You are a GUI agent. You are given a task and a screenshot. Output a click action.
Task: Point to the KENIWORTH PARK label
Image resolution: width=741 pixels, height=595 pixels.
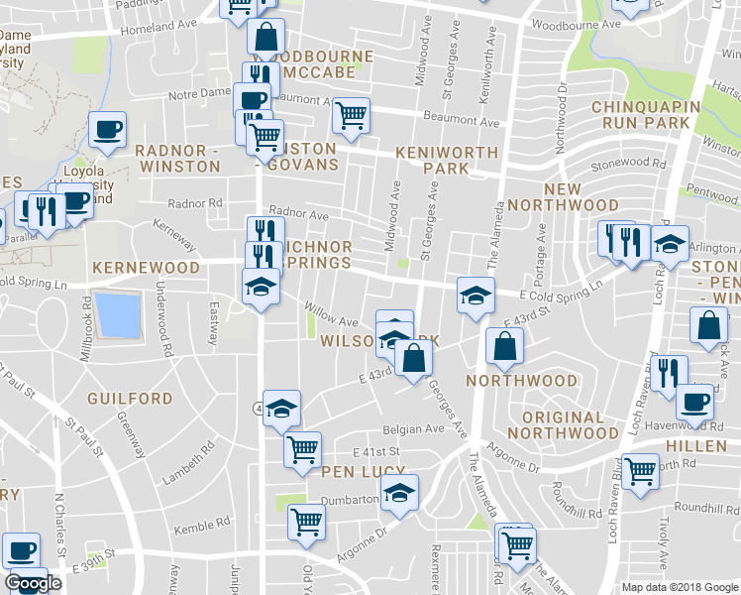pyautogui.click(x=432, y=161)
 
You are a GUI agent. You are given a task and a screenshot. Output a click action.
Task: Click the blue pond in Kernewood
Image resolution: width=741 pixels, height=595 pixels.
pyautogui.click(x=117, y=316)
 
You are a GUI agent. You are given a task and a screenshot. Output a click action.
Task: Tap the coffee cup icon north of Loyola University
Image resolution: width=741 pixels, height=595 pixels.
pyautogui.click(x=107, y=129)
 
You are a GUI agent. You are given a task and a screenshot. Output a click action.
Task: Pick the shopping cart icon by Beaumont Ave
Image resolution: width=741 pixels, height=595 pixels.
pyautogui.click(x=351, y=116)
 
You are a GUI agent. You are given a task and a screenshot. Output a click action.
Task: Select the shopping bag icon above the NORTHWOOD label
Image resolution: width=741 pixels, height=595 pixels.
pyautogui.click(x=505, y=346)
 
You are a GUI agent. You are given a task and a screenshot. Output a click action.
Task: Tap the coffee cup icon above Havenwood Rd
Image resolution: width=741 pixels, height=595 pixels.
pyautogui.click(x=695, y=403)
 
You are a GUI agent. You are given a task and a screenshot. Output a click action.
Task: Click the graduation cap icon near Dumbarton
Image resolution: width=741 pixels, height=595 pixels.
pyautogui.click(x=400, y=493)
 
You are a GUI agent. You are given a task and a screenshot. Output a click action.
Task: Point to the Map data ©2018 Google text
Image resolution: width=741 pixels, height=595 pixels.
pyautogui.click(x=679, y=587)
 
